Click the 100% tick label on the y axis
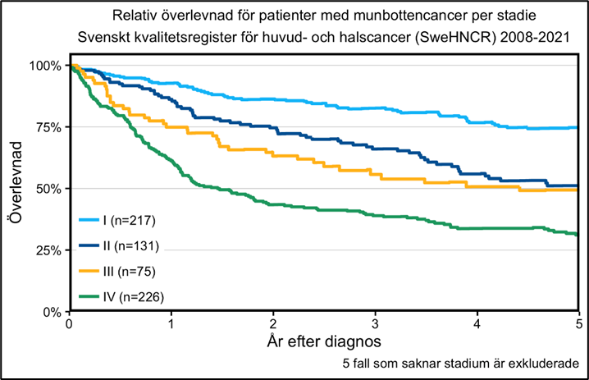pyautogui.click(x=46, y=65)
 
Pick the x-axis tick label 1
pyautogui.click(x=171, y=323)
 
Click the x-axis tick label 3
pyautogui.click(x=375, y=323)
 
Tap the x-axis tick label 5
pyautogui.click(x=578, y=323)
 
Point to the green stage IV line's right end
pyautogui.click(x=578, y=235)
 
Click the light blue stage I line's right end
pyautogui.click(x=578, y=128)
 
